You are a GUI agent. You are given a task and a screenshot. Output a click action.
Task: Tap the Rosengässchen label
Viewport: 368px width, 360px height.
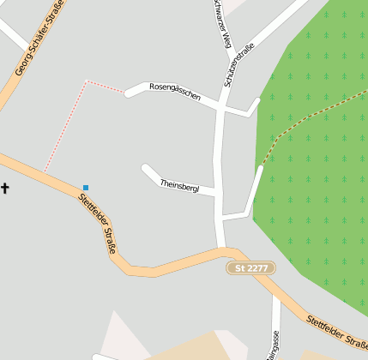tap(174, 92)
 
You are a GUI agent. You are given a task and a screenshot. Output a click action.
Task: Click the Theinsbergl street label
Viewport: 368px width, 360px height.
tap(179, 186)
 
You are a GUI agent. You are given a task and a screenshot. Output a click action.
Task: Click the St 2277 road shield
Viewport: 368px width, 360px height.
tap(251, 268)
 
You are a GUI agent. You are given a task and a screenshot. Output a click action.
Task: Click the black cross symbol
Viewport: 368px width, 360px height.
tap(4, 188)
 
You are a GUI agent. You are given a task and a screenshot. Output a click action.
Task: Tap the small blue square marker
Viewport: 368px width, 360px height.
tap(86, 187)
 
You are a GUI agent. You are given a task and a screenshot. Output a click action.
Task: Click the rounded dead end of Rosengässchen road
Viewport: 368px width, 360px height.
tap(130, 92)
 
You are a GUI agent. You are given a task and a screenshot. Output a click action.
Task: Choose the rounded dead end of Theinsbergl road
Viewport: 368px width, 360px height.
tap(146, 168)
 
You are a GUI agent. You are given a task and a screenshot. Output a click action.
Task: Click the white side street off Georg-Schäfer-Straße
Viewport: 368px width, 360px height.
tap(13, 34)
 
